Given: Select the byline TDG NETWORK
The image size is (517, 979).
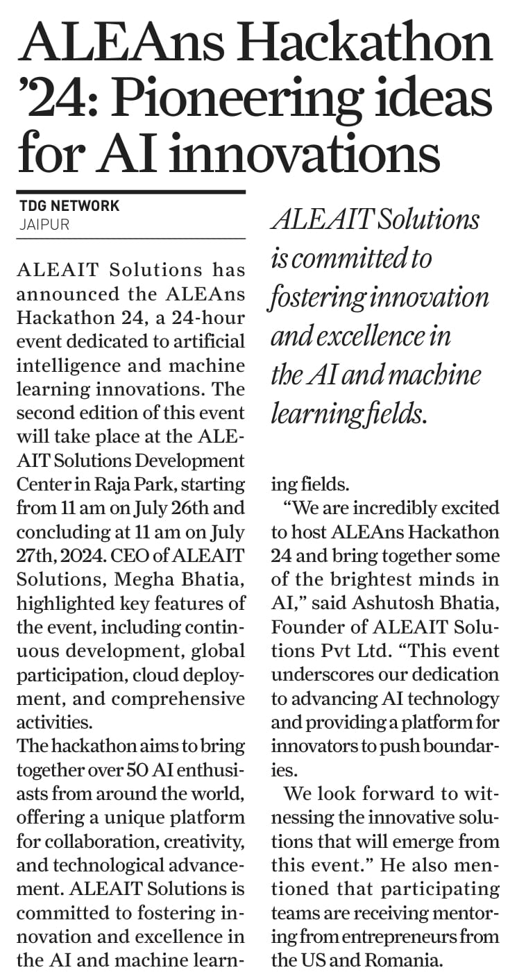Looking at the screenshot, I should [69, 206].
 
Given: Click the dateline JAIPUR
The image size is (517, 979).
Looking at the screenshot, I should [43, 225].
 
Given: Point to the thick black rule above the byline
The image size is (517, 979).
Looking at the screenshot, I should [131, 192].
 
